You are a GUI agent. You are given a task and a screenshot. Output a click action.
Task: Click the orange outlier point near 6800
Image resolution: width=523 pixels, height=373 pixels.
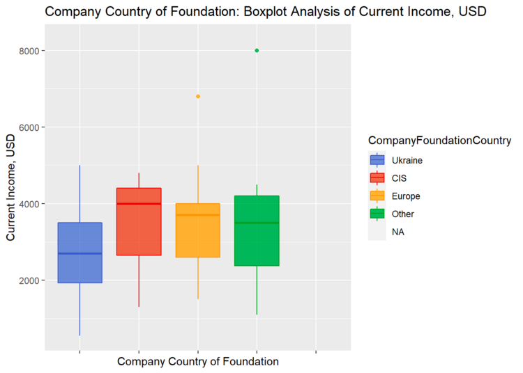point(198,96)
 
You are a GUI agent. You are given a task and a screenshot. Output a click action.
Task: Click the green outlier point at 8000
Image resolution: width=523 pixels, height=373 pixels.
point(257,50)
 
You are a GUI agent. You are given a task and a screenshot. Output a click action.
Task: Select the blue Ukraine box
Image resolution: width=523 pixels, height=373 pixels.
point(79,253)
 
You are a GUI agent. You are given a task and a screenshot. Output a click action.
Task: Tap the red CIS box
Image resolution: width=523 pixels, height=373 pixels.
point(139,221)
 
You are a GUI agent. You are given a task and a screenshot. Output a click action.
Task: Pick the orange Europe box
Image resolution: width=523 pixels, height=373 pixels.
point(198,230)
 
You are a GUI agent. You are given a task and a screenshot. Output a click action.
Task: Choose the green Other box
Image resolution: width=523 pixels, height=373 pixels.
point(257,231)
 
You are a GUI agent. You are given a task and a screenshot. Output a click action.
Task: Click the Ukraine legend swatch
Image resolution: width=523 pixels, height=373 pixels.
point(377,160)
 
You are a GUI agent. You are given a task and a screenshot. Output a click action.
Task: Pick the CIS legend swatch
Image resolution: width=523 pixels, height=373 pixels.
point(377,178)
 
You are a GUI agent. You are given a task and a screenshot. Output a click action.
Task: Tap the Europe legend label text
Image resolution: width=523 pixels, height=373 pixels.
point(406,196)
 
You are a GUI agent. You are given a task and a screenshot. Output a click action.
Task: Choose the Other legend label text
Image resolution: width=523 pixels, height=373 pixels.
point(403,214)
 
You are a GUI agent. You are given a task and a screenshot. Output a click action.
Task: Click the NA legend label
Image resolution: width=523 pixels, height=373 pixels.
point(398,232)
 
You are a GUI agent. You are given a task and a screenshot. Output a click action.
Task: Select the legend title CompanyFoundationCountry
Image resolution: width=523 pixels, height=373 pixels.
point(440,141)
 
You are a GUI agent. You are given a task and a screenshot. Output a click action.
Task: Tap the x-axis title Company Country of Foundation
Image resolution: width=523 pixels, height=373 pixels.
point(198,361)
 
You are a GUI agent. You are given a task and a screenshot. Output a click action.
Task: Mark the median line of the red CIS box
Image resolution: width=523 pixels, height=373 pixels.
point(139,204)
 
